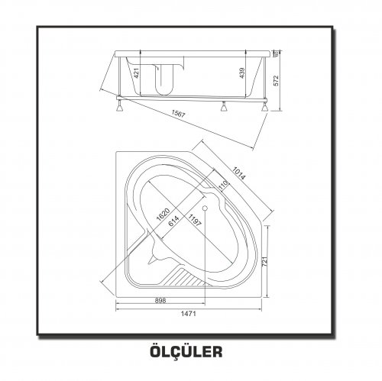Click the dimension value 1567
(x=178, y=114)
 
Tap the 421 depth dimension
(x=137, y=73)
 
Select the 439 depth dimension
(x=242, y=73)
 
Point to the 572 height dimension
(x=277, y=81)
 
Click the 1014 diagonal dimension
(x=239, y=173)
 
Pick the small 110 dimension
(x=223, y=186)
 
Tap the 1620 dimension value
(x=163, y=215)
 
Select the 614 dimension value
(x=173, y=221)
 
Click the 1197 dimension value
(x=195, y=220)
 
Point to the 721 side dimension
(x=264, y=261)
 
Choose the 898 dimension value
(x=160, y=300)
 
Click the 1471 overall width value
(x=189, y=314)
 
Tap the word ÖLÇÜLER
(x=186, y=350)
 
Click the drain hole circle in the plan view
(x=205, y=208)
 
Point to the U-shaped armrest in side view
(x=164, y=79)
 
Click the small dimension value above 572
(x=276, y=53)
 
